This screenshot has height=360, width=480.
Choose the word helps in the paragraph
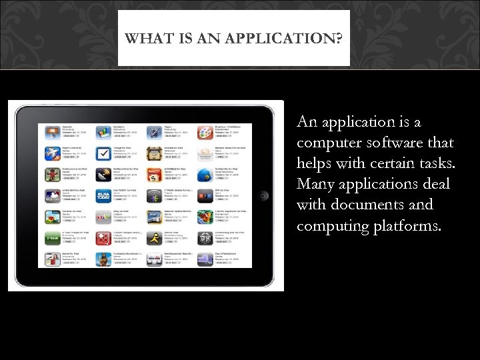coord(315,163)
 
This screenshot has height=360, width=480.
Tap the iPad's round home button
coord(264,195)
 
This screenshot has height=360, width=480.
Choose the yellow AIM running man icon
coord(154,238)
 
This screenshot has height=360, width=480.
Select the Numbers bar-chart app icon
coord(103,132)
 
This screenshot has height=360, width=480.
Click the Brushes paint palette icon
coord(204,132)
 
